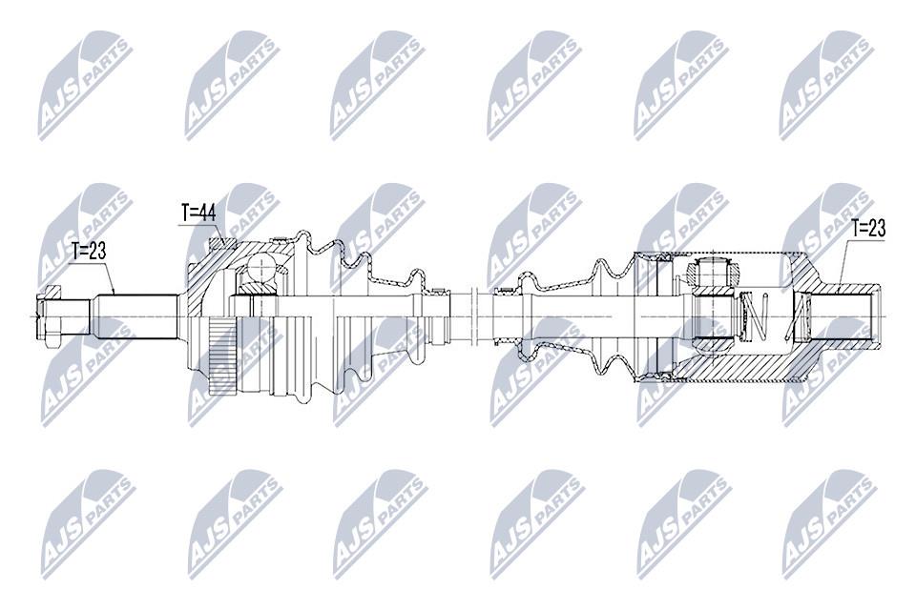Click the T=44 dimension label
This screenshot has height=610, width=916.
tap(198, 213)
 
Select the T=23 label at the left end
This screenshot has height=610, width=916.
tap(89, 252)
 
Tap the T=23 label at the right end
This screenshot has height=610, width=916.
tap(868, 228)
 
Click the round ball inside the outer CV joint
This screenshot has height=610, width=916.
tap(260, 270)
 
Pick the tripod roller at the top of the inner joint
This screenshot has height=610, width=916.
tap(715, 272)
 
